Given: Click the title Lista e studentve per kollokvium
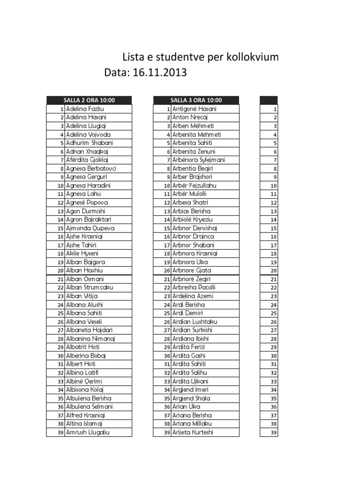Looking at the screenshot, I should click(200, 58).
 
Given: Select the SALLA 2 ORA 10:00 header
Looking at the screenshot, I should click(89, 100).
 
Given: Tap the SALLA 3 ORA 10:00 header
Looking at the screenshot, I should click(196, 100).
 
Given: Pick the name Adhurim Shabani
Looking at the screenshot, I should click(90, 143).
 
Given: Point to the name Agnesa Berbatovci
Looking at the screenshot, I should click(91, 168).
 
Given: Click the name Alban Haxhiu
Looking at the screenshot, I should click(85, 270).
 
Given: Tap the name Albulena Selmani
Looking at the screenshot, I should click(89, 406).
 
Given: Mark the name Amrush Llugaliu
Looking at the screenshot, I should click(88, 432).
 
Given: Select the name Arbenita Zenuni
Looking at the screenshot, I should click(194, 151).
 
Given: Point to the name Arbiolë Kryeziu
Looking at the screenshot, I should click(193, 219).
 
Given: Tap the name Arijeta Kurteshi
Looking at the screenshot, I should click(193, 432).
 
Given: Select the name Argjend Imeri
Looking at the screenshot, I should click(190, 390).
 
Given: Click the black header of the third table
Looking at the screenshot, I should click(269, 100).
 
